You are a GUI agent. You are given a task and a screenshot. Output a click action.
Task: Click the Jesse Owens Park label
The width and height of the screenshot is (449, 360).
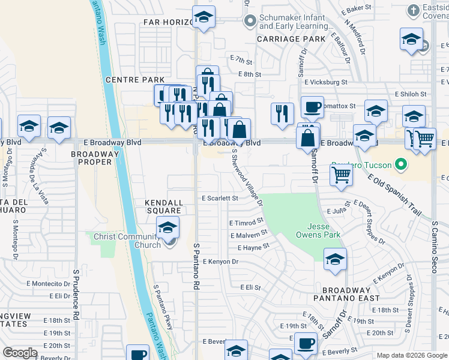click(x=324, y=230)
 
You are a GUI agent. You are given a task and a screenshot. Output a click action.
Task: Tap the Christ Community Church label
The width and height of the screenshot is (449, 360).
click(x=127, y=241)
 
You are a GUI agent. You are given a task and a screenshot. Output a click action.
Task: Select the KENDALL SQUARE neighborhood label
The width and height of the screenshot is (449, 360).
click(x=163, y=207)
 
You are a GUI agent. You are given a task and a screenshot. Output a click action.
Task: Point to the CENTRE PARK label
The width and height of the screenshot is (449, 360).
click(x=134, y=80)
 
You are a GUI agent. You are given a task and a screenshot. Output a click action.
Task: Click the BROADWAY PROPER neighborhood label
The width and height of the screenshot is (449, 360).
click(x=92, y=159)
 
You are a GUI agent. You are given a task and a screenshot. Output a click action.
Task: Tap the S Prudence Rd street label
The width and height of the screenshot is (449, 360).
click(x=76, y=294)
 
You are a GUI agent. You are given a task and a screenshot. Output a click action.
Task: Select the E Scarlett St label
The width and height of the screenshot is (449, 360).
click(x=220, y=198)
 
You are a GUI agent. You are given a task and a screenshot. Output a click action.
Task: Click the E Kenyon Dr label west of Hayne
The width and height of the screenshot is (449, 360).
click(x=221, y=262)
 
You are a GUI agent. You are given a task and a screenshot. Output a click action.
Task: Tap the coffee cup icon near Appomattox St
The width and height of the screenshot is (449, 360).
click(x=312, y=107)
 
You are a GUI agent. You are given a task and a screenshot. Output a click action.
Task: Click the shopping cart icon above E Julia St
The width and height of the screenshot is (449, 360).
click(x=341, y=175)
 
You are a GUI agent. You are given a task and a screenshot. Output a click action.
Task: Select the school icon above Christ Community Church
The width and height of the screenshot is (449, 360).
click(x=168, y=227)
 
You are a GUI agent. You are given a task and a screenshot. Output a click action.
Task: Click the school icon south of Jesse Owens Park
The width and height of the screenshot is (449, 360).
click(x=336, y=259)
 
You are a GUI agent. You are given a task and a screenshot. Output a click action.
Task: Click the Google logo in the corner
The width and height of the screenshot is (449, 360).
click(x=20, y=353)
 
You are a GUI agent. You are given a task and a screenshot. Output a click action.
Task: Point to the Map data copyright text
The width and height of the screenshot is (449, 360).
click(x=411, y=355)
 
